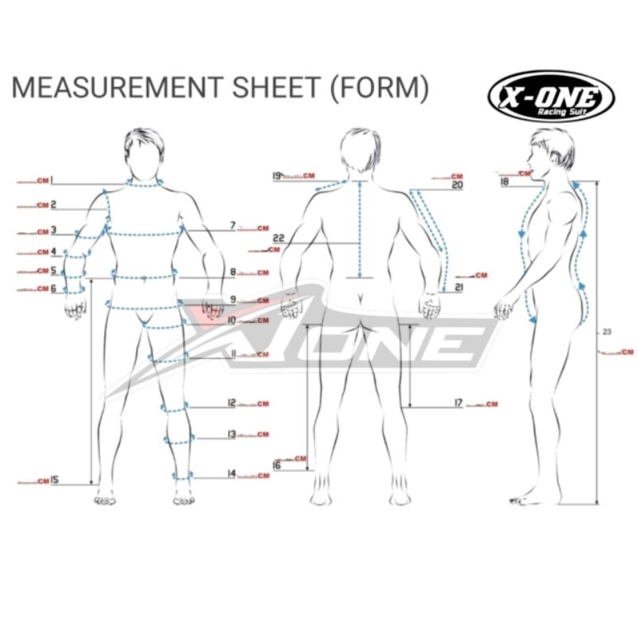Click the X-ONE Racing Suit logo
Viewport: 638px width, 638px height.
pos(550,96)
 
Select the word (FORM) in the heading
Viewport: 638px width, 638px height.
pos(379,88)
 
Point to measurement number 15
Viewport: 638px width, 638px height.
pos(55,480)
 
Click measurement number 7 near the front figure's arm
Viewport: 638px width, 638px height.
pos(233,226)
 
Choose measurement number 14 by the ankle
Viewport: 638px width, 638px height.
pos(231,474)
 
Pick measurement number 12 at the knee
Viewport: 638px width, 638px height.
pos(231,404)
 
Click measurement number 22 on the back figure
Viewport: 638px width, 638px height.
pos(278,238)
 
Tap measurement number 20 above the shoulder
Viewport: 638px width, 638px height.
pos(457,185)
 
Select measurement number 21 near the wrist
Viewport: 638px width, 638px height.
pos(459,286)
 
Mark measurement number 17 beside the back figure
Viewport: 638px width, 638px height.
pos(459,404)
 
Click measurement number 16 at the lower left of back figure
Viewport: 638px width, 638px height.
pos(277,465)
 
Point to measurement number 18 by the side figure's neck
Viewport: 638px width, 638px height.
pos(504,182)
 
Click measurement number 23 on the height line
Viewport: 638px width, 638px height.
pos(607,332)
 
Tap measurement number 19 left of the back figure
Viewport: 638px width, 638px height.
pos(277,175)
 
